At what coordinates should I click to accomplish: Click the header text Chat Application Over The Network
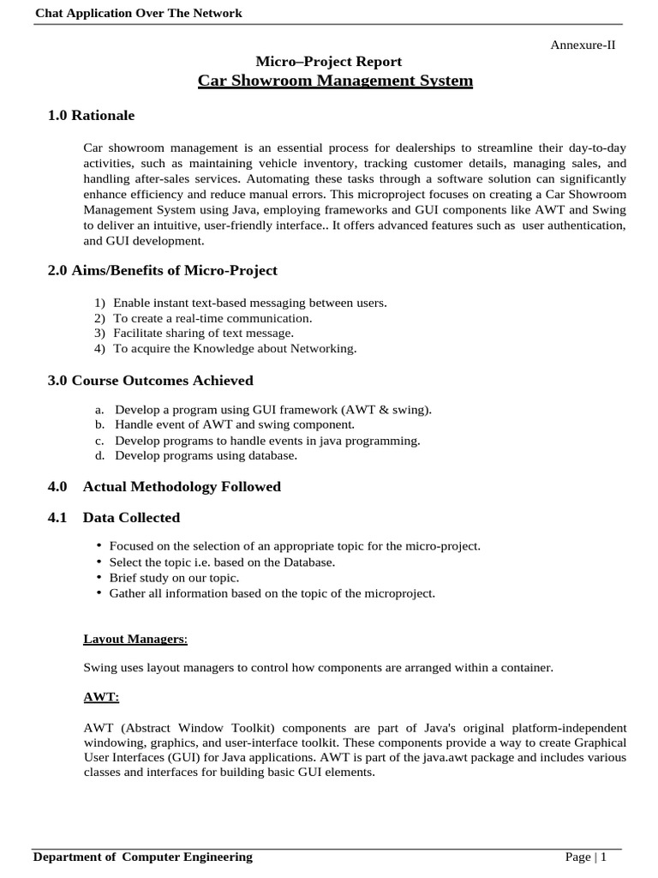point(138,13)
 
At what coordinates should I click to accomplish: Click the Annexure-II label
point(582,45)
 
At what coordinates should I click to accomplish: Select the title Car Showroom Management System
point(335,81)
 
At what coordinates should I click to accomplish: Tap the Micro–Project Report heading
point(329,61)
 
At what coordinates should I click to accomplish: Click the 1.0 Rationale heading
point(92,115)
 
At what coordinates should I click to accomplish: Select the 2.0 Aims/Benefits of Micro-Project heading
point(163,270)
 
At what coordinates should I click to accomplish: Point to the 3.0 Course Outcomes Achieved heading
point(151,380)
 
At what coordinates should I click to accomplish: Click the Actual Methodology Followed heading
point(182,486)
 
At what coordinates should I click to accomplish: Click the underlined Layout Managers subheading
point(135,639)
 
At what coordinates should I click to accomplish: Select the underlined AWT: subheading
point(101,697)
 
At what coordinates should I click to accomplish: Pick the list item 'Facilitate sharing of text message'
point(203,333)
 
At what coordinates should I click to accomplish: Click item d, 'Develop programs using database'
point(206,455)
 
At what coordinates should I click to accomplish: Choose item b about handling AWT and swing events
point(234,424)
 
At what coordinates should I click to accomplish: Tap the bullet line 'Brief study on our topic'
point(174,577)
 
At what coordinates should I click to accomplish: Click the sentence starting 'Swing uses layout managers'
point(318,667)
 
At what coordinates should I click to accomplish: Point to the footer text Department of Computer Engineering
point(143,857)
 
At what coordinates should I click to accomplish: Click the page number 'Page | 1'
point(586,857)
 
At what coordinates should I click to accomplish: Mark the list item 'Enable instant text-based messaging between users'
point(249,302)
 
